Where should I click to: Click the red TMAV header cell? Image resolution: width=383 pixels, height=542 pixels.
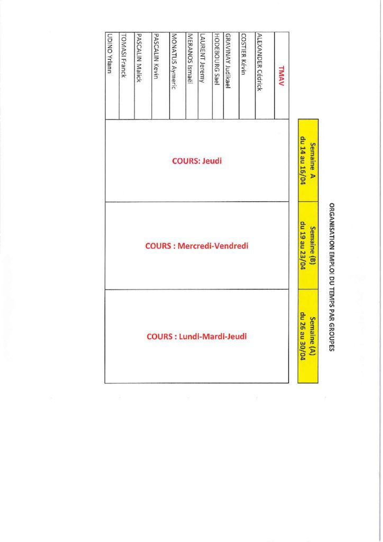[x=282, y=74]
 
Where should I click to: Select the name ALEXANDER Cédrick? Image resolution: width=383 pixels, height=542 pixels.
[x=260, y=62]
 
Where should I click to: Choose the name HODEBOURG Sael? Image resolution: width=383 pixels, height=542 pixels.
[x=217, y=59]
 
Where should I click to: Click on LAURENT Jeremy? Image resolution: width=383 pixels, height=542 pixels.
[x=203, y=57]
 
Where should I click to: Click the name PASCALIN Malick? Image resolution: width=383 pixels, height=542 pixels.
[x=140, y=58]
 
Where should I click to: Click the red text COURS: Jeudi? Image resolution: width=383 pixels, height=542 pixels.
[x=197, y=161]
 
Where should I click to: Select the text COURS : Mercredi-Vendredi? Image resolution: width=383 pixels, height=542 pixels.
[x=197, y=246]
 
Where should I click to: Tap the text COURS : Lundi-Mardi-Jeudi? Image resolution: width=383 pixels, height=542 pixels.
[x=197, y=336]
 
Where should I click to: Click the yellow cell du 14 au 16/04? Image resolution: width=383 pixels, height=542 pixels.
[x=308, y=160]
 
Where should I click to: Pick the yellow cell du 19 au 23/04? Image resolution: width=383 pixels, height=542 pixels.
[x=308, y=246]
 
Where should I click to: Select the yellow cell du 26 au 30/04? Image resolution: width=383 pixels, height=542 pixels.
[x=308, y=336]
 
